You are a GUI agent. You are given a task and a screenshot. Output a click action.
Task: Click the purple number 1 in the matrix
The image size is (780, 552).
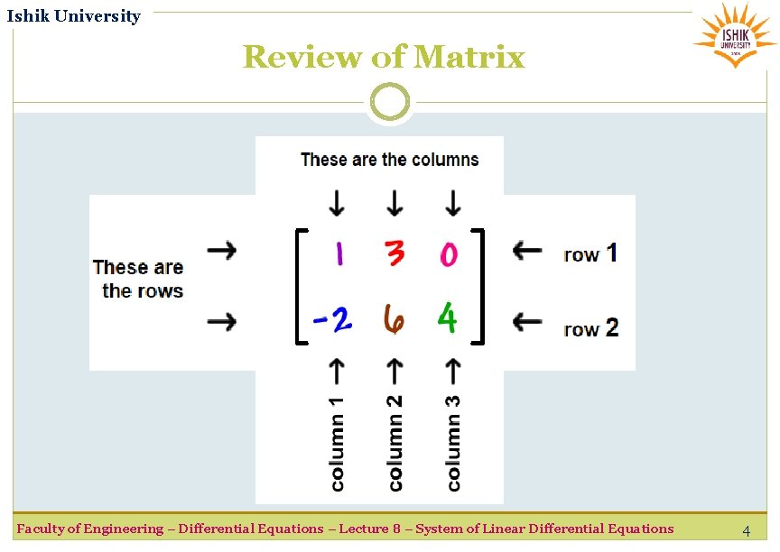[x=339, y=253]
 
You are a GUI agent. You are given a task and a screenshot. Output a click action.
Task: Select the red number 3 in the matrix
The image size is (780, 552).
[x=395, y=253]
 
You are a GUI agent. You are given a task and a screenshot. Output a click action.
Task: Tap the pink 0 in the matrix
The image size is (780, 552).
[x=449, y=255]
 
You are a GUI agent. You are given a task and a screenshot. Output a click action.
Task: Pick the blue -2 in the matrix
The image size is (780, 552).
[x=331, y=318]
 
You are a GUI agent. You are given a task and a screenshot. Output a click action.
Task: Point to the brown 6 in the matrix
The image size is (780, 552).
[x=394, y=318]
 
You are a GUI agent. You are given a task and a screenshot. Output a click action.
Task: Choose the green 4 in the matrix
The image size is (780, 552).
[x=447, y=317]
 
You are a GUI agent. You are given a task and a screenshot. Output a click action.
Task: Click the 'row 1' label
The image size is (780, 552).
[x=590, y=253]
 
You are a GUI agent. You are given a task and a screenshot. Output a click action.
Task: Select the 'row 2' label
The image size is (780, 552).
[x=590, y=328]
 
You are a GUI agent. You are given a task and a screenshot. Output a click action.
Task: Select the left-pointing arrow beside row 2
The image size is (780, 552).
[x=527, y=320]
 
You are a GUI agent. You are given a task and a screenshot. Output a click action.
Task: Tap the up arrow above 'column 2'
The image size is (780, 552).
[x=395, y=370]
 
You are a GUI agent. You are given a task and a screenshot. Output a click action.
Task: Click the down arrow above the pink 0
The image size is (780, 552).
[x=452, y=202]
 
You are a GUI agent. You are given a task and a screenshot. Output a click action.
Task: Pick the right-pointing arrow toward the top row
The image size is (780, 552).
[x=221, y=250]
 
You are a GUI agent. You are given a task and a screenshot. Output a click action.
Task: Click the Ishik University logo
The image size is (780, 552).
[x=734, y=35]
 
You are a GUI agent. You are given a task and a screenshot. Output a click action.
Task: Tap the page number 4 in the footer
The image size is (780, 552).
[x=746, y=531]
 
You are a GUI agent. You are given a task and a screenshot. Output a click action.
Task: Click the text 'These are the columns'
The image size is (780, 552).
[x=389, y=160]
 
